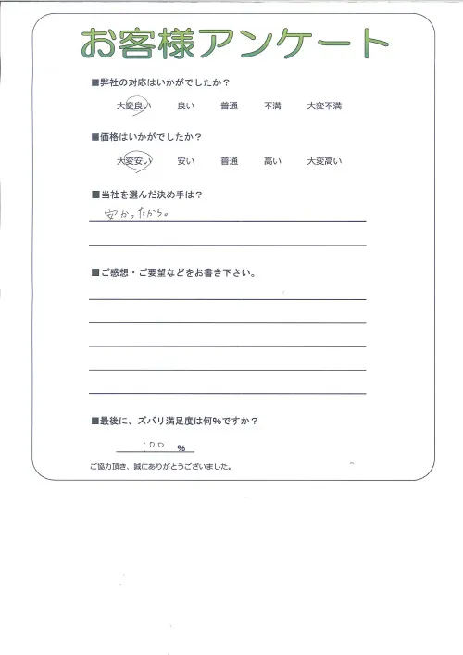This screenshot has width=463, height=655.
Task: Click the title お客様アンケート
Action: click(x=233, y=42)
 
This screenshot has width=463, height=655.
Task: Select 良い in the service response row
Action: click(x=184, y=107)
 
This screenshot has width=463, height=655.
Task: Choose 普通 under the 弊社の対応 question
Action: click(x=229, y=107)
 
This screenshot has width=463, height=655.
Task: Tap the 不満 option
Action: click(x=272, y=107)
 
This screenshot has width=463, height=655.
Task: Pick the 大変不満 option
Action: click(x=324, y=107)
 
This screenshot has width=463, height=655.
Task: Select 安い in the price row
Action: click(x=184, y=161)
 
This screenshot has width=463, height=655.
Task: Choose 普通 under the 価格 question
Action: click(x=229, y=161)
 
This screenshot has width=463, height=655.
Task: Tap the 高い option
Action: click(x=272, y=161)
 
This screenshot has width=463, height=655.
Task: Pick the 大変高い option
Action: click(x=324, y=161)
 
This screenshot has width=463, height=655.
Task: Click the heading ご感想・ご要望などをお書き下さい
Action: click(x=176, y=273)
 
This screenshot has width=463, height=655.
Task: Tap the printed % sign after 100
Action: click(x=181, y=449)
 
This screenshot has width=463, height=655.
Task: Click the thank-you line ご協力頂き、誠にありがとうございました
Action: click(x=160, y=466)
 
